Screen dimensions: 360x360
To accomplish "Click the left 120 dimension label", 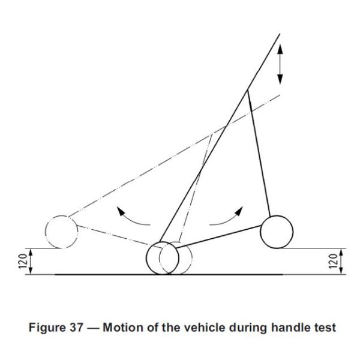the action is click(x=23, y=261).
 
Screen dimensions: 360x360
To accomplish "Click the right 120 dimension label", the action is click(x=333, y=261).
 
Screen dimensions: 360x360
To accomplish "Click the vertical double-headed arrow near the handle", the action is click(x=280, y=64).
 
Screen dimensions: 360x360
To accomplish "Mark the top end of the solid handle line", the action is click(x=280, y=34).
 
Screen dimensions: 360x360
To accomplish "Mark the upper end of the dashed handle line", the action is click(x=280, y=95).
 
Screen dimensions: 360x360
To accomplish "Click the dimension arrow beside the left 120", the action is click(x=31, y=261).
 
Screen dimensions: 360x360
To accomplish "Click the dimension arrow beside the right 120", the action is click(x=341, y=261).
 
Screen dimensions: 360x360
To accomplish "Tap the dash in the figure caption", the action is click(x=93, y=328).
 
